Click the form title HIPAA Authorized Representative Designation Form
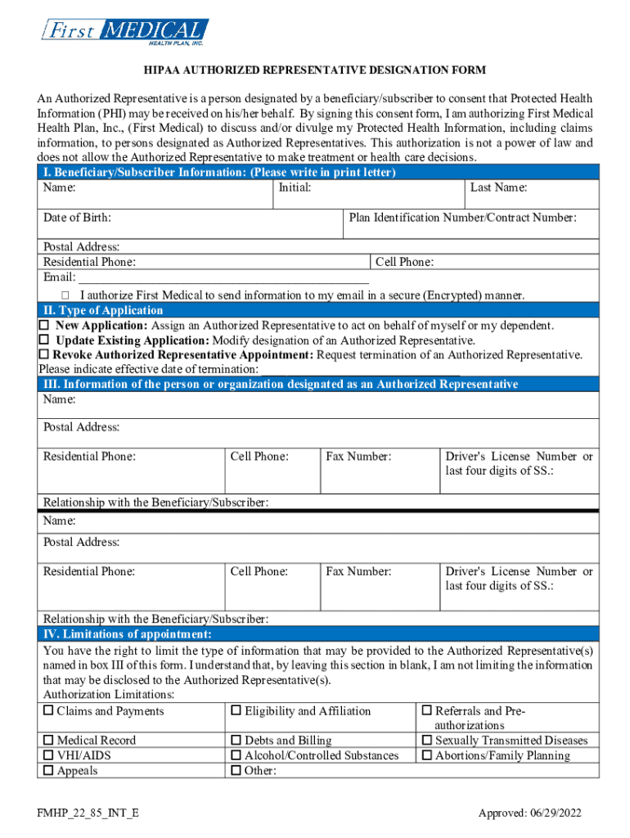pyautogui.click(x=314, y=71)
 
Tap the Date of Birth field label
pyautogui.click(x=78, y=218)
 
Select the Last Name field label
pyautogui.click(x=498, y=188)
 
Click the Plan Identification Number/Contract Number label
pyautogui.click(x=462, y=218)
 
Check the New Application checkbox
pyautogui.click(x=44, y=326)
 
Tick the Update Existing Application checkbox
pyautogui.click(x=44, y=340)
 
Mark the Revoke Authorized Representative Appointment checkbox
pyautogui.click(x=44, y=355)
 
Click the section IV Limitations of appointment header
pyautogui.click(x=128, y=635)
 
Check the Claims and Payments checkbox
pyautogui.click(x=48, y=711)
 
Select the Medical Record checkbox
pyautogui.click(x=48, y=741)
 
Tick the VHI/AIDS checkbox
pyautogui.click(x=48, y=755)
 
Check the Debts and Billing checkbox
pyautogui.click(x=236, y=741)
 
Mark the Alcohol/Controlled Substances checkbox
pyautogui.click(x=236, y=755)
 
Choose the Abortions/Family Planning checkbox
pyautogui.click(x=426, y=755)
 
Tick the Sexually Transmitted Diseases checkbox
pyautogui.click(x=426, y=741)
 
